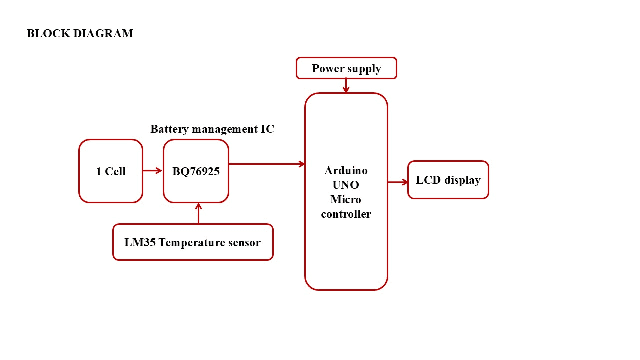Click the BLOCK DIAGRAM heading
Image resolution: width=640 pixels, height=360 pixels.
80,34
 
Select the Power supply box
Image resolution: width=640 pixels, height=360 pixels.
346,68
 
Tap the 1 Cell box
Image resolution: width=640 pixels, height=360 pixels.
111,171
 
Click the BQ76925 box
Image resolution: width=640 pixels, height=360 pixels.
196,171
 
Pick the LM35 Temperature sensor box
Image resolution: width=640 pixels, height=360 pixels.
193,242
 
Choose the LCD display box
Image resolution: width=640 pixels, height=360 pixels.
448,180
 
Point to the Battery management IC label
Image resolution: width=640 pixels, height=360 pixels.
212,129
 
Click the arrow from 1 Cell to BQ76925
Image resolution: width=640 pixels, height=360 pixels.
153,171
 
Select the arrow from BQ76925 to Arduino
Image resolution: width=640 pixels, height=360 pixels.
267,164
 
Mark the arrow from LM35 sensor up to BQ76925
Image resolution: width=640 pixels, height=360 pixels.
199,213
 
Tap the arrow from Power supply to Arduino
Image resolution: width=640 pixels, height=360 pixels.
346,86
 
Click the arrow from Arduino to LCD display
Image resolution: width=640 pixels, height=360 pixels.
398,182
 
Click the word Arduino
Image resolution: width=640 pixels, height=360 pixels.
346,170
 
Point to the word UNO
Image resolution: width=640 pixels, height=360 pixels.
346,185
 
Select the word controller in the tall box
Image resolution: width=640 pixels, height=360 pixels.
346,214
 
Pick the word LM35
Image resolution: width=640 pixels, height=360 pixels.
139,243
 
